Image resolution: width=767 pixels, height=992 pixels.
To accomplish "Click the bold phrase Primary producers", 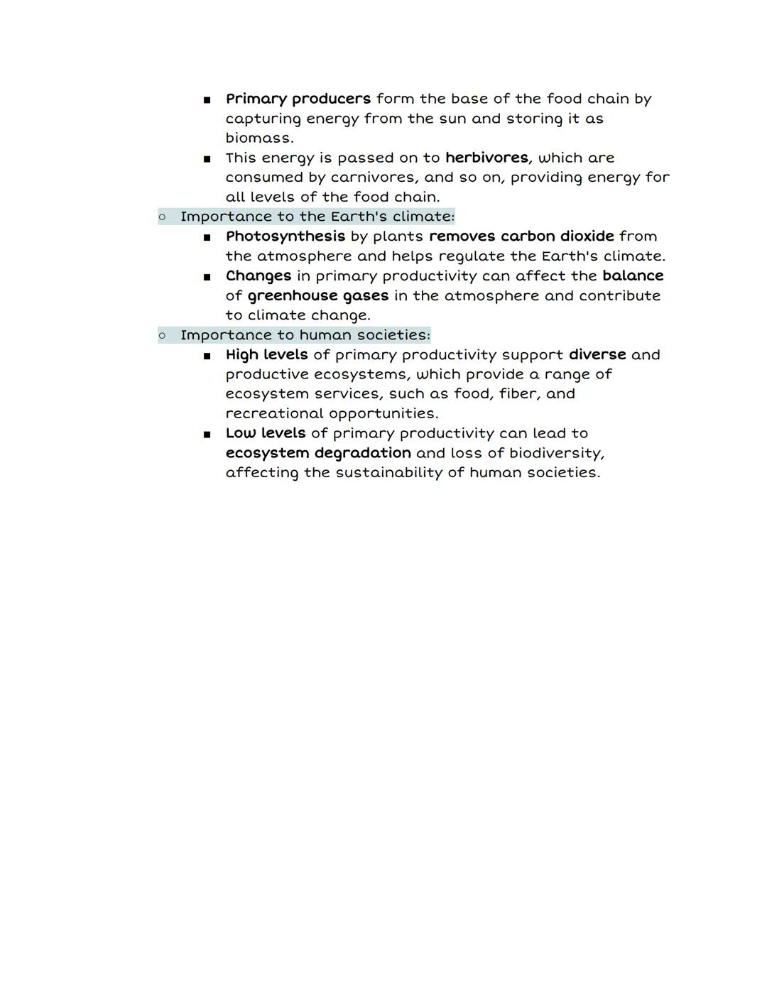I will coord(298,99).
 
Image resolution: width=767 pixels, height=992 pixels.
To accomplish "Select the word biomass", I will coord(259,138).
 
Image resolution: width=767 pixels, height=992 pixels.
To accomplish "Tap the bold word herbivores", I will coord(486,158).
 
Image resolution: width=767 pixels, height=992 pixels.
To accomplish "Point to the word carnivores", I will coord(374,177).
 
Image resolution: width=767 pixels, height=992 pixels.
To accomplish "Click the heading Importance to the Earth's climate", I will coord(317,217).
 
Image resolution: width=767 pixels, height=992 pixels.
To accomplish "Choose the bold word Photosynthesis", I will coord(285,236).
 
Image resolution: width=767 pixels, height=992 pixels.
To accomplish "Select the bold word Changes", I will coord(259,276).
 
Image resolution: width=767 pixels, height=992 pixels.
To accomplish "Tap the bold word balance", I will coord(633,276).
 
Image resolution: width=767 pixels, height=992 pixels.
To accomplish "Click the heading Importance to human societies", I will coord(305,335).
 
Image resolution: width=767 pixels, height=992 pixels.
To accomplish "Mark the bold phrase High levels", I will coord(266,354).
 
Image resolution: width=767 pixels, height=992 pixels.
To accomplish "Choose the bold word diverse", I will coord(597,354).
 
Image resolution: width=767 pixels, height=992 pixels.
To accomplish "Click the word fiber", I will coord(517,393).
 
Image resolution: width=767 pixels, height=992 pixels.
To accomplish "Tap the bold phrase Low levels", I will coord(265,433).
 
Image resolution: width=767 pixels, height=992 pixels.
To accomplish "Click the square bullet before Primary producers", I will coord(207,100).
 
